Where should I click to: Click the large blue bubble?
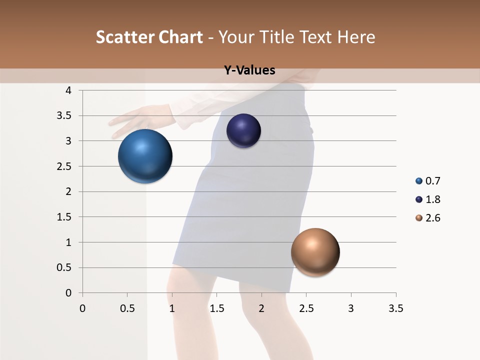click(145, 156)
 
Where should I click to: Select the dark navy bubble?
click(243, 130)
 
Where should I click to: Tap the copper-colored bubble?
click(315, 252)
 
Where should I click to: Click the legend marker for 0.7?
click(419, 181)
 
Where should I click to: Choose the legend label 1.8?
click(432, 199)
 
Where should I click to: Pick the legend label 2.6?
click(432, 218)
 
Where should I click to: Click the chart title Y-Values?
click(249, 70)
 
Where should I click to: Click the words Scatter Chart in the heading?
click(149, 37)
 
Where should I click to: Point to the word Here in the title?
click(356, 37)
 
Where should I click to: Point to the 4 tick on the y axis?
click(68, 90)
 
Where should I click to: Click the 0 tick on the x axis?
click(82, 308)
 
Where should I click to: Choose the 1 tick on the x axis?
click(172, 308)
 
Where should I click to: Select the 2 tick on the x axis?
click(261, 308)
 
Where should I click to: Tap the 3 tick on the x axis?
click(351, 308)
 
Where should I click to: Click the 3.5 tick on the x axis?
click(395, 308)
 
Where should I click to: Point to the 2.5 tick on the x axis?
click(306, 308)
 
